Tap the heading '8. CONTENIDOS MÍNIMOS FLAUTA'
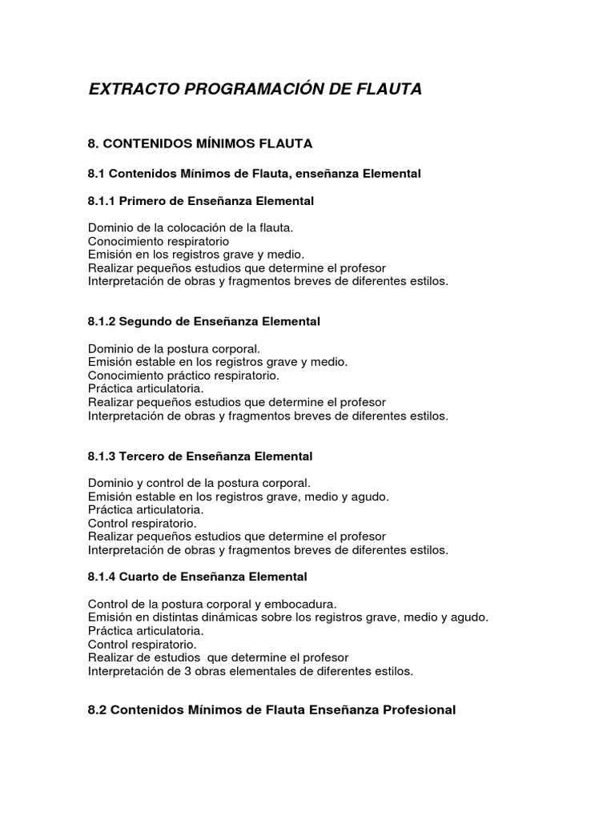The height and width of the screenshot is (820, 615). [x=199, y=143]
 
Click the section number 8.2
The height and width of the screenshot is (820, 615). [x=96, y=710]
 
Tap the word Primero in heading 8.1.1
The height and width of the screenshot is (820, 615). [x=143, y=200]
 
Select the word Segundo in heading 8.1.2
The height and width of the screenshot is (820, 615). [x=146, y=321]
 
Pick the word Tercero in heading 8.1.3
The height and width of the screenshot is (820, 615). [x=142, y=456]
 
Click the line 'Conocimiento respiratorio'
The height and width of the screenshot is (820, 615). [x=159, y=241]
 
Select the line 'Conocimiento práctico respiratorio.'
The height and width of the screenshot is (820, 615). [x=183, y=376]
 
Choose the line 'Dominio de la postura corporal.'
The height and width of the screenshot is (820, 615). [x=174, y=348]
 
